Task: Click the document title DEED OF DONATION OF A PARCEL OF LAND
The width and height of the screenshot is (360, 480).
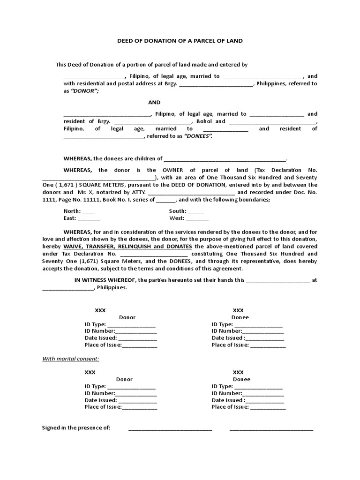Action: (180, 41)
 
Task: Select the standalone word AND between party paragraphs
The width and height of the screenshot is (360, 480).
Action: (154, 102)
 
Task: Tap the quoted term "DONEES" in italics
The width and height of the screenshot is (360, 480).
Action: (198, 136)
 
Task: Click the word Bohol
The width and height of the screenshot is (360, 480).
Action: (204, 121)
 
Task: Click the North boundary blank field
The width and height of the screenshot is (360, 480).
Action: (89, 211)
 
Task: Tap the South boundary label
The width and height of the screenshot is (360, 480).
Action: (178, 211)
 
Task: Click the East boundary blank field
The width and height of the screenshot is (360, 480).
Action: (89, 218)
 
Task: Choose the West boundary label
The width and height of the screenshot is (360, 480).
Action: (177, 218)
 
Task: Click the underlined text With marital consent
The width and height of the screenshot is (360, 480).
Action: (71, 359)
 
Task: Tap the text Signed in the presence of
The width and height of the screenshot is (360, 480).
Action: (76, 428)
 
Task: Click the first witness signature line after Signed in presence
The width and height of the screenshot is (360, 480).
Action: (170, 429)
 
